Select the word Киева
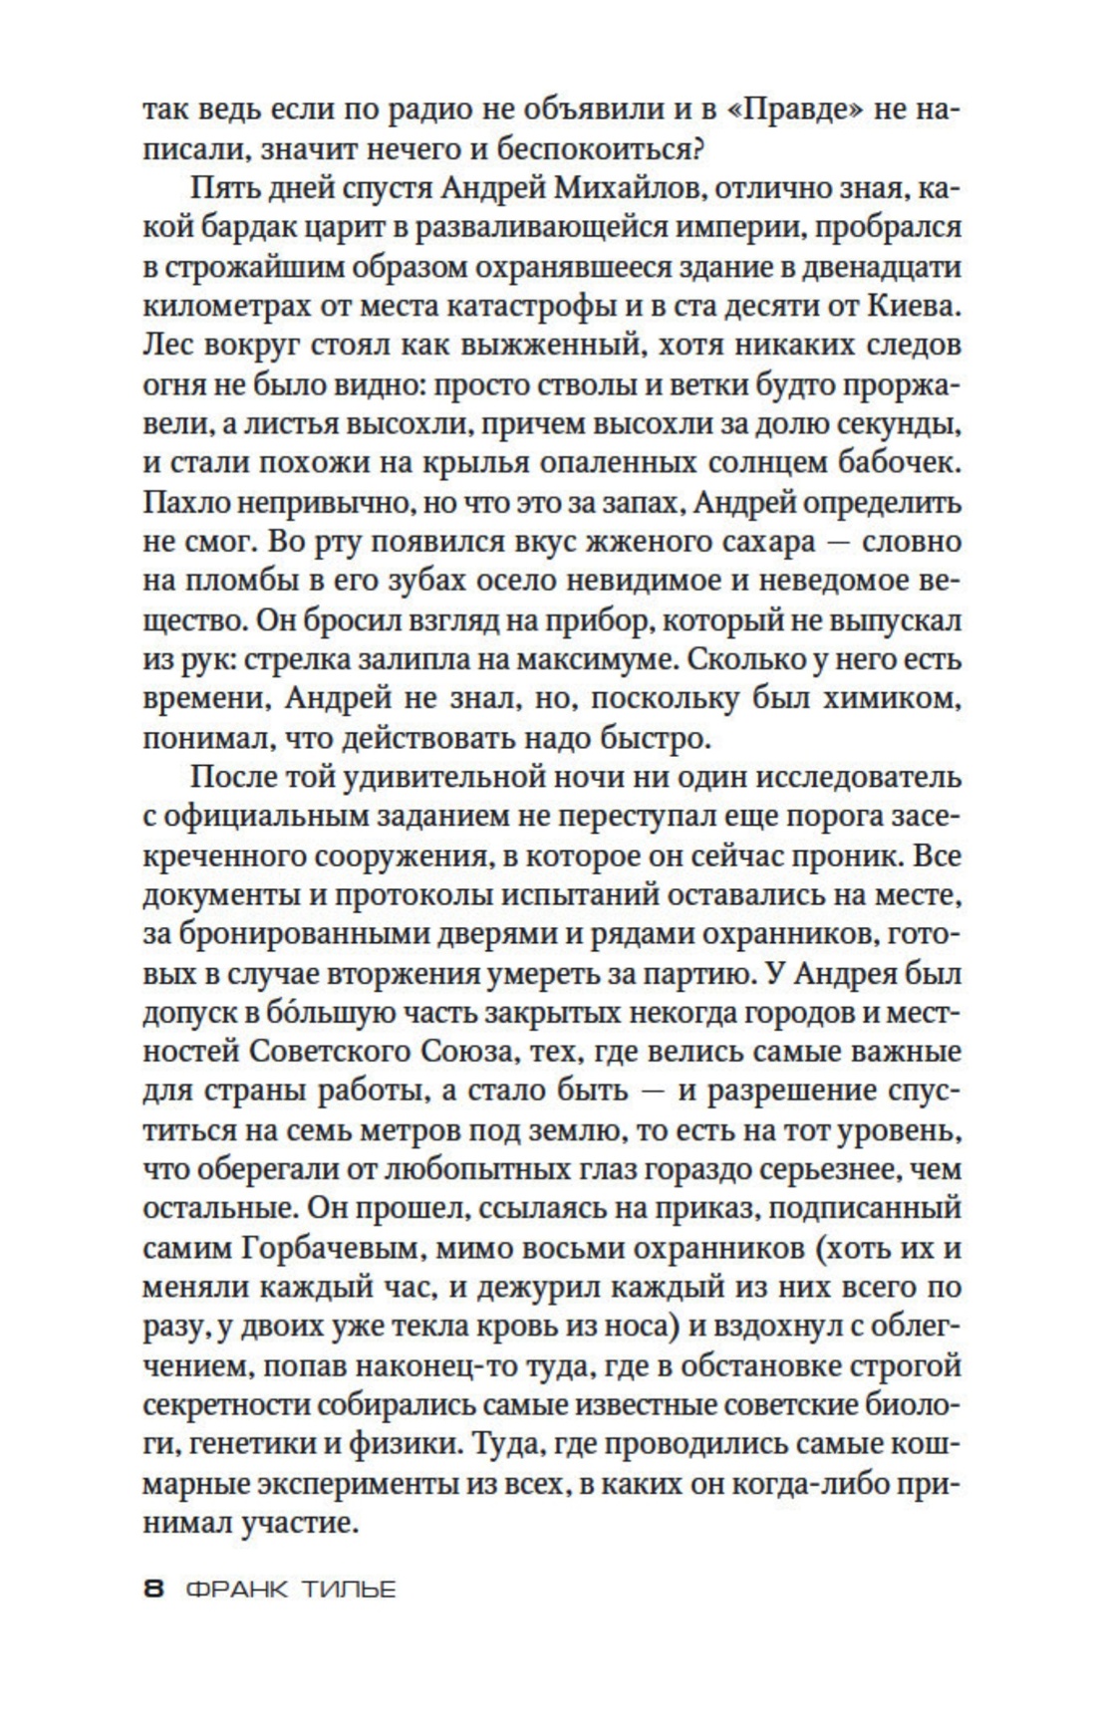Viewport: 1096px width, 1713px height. [916, 307]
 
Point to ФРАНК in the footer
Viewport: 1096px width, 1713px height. [236, 1590]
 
